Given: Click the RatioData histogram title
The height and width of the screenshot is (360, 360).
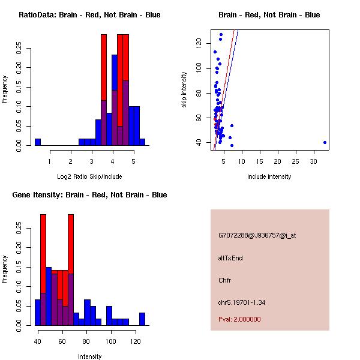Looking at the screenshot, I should tap(89, 15).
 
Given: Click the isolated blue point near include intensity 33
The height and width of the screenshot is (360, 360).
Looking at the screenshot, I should tap(325, 142).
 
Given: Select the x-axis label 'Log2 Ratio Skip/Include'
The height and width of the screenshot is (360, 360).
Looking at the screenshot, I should tap(89, 176).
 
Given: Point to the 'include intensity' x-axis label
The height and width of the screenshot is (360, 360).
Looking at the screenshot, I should tap(269, 176).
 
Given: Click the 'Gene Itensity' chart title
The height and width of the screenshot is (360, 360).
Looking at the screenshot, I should tap(89, 195).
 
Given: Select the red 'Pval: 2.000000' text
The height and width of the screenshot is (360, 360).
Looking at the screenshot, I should tap(239, 319).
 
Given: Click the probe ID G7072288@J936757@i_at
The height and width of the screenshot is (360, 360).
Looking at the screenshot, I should tap(257, 235).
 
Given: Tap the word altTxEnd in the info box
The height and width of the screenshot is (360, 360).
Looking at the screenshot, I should tap(230, 258).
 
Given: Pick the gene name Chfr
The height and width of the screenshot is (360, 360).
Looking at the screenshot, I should tap(224, 280).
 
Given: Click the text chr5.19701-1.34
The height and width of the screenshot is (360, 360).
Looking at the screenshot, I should tap(242, 302).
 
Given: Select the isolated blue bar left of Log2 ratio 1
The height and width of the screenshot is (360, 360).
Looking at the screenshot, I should tap(38, 142).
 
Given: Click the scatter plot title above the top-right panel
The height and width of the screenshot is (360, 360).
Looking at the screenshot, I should tap(269, 15).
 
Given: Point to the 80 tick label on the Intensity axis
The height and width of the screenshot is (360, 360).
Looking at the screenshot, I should tap(86, 341).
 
